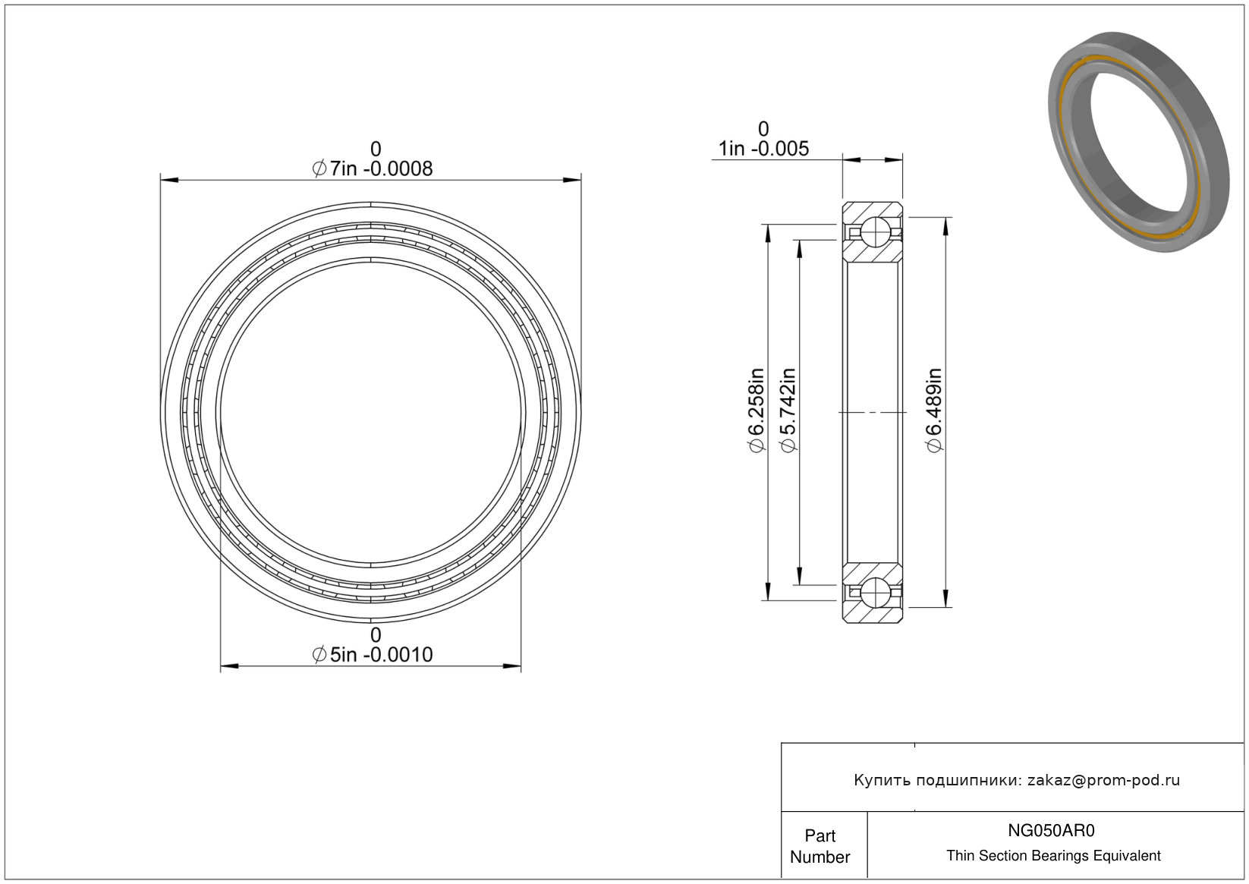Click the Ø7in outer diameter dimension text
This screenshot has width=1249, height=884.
(x=373, y=168)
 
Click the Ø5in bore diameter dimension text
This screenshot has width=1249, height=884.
(x=373, y=654)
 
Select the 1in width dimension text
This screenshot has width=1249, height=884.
(x=763, y=149)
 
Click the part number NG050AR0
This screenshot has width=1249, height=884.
(x=1051, y=830)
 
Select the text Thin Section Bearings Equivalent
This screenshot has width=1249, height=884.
(x=1053, y=856)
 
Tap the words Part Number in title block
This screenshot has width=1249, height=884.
(x=820, y=846)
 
